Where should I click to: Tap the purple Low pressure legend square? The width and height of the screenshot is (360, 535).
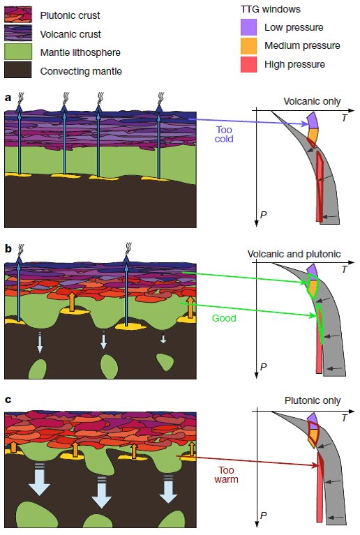(x=249, y=28)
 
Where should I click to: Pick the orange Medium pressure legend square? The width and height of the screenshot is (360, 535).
(x=249, y=46)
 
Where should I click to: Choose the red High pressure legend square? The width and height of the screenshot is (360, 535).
(x=249, y=64)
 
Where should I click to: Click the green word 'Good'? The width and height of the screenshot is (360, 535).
(x=224, y=317)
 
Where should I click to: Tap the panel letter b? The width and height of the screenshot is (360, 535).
(x=7, y=248)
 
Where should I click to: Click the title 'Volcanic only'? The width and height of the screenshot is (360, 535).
(x=312, y=101)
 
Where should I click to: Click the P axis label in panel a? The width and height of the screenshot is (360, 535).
(x=263, y=213)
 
